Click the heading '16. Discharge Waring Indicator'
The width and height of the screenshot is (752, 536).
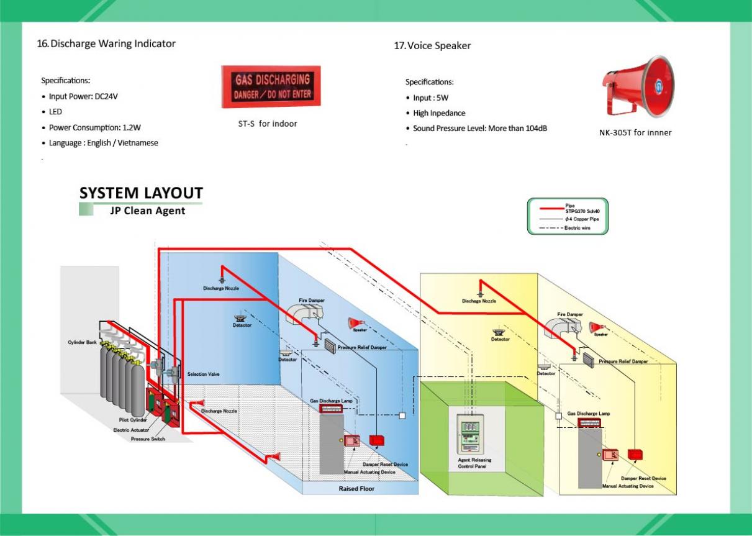click(x=106, y=43)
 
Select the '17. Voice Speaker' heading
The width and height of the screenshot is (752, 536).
click(x=432, y=45)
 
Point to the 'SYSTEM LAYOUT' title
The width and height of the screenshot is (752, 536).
click(x=141, y=193)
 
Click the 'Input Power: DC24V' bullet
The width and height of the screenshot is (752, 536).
click(x=83, y=97)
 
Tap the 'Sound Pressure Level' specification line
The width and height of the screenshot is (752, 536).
click(x=479, y=129)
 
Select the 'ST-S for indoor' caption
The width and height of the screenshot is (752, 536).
click(x=268, y=124)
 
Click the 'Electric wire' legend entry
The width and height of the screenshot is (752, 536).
click(x=578, y=228)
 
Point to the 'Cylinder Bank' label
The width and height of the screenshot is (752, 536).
click(x=83, y=342)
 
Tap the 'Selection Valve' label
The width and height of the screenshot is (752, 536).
click(x=204, y=375)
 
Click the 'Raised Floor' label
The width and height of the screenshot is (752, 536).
click(x=356, y=489)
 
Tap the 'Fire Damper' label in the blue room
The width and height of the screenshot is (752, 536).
click(x=312, y=301)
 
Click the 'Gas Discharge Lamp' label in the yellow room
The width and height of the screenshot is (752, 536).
click(x=588, y=413)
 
